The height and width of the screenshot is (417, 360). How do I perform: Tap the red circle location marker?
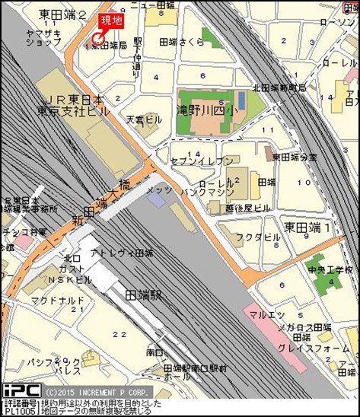(x=97, y=39)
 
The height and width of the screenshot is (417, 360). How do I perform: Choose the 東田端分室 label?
(x=295, y=158)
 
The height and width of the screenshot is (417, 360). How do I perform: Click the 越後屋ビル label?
(x=249, y=207)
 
